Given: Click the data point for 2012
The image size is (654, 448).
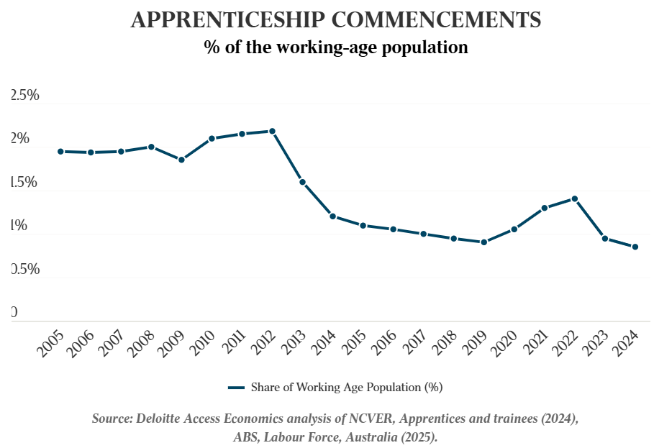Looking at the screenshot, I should (272, 131).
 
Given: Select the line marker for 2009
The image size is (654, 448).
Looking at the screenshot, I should (181, 160).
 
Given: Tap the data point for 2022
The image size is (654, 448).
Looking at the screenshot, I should (575, 198).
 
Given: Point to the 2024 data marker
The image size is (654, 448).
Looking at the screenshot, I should (635, 247).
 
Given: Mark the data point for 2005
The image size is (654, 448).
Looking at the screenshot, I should (60, 151).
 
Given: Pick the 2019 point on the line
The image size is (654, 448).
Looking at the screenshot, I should (484, 242).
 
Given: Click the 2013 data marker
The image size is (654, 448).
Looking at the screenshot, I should (302, 182).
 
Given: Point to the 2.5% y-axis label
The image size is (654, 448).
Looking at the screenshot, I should (25, 96).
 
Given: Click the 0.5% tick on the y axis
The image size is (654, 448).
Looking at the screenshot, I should (25, 269).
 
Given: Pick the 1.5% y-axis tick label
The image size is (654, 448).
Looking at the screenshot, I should (25, 182).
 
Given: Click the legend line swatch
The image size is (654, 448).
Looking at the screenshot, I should (237, 388).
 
